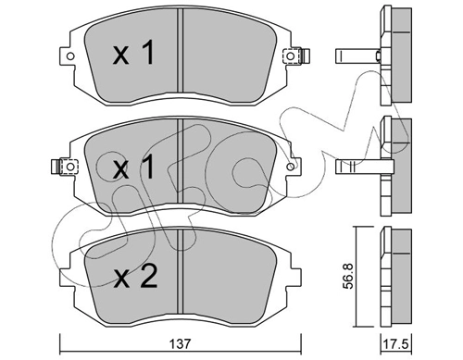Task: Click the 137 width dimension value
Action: click(181, 343)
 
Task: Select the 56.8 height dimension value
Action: click(348, 276)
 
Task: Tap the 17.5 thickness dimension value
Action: click(395, 344)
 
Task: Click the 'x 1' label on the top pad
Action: click(133, 54)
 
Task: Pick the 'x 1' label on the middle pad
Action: click(133, 167)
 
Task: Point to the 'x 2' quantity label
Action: click(135, 277)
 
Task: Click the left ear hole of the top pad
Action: click(70, 56)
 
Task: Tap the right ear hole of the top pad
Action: click(290, 56)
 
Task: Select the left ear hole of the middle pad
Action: click(70, 167)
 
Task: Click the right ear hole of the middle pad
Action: click(290, 167)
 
